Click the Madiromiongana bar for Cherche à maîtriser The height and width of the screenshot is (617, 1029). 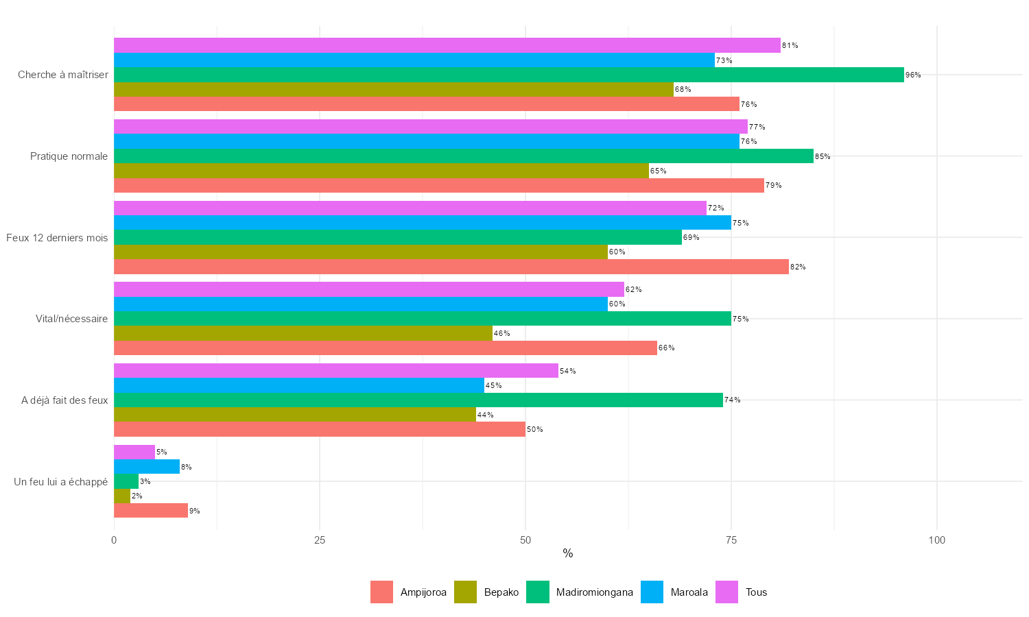click(x=508, y=75)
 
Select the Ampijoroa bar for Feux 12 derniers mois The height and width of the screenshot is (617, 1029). click(x=451, y=267)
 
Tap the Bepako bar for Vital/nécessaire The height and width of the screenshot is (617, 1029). click(x=303, y=333)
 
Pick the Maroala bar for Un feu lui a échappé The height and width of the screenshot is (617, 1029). click(x=146, y=467)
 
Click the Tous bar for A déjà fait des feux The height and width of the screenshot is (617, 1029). click(x=335, y=371)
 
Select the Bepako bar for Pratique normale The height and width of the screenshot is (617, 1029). click(x=381, y=171)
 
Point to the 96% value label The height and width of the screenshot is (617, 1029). click(x=913, y=75)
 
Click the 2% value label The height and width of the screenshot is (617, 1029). click(x=137, y=496)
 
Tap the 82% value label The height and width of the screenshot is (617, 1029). click(x=798, y=267)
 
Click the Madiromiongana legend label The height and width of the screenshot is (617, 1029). click(x=594, y=592)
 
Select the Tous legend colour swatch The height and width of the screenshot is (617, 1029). click(x=727, y=592)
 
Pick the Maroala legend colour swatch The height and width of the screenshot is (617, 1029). click(x=652, y=592)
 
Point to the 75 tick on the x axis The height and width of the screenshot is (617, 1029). click(x=731, y=540)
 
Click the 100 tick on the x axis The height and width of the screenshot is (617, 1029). click(x=936, y=540)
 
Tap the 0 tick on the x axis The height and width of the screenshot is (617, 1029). click(x=114, y=540)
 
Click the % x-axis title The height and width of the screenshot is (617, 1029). click(x=567, y=554)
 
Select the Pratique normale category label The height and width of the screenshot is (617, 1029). click(x=69, y=156)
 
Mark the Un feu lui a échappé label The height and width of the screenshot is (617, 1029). click(x=60, y=482)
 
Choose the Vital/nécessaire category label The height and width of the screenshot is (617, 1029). click(x=71, y=319)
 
